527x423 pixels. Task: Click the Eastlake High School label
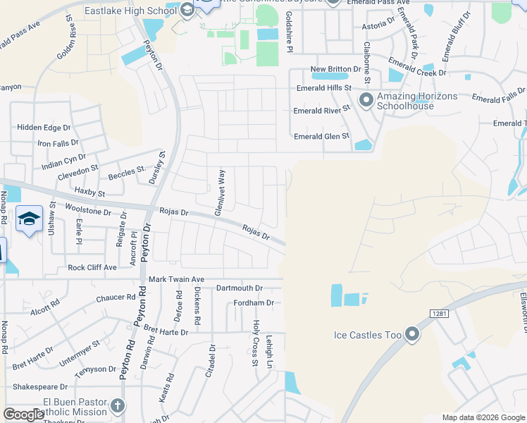(x=130, y=11)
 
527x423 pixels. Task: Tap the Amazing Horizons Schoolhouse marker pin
(x=366, y=100)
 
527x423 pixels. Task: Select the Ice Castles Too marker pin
(x=412, y=335)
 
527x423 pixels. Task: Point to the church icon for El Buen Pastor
(x=118, y=405)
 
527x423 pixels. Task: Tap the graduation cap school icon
(x=29, y=220)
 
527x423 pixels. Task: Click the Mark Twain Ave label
(x=175, y=280)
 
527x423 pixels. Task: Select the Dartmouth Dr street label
(x=239, y=288)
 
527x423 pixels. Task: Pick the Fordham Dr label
(x=253, y=303)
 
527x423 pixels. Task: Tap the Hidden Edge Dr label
(x=44, y=128)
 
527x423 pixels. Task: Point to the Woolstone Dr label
(x=88, y=211)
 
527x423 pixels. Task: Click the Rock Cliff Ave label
(x=92, y=268)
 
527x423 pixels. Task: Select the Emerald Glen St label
(x=321, y=136)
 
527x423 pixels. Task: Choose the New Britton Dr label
(x=335, y=69)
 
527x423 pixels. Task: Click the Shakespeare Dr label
(x=39, y=386)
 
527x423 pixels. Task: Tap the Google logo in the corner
(x=24, y=415)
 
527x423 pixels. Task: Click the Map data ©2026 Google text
(x=483, y=417)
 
